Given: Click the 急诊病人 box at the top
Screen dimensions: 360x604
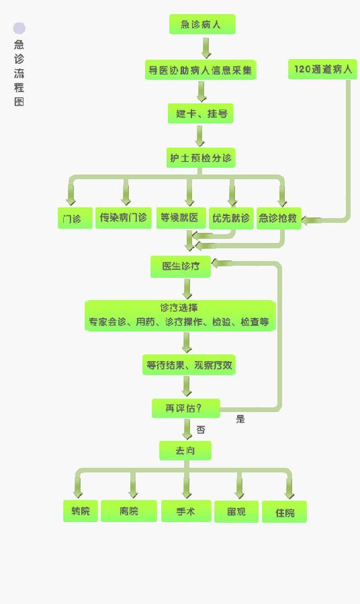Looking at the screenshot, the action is pyautogui.click(x=202, y=24).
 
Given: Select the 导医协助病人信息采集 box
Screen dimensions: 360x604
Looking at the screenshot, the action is pyautogui.click(x=200, y=70).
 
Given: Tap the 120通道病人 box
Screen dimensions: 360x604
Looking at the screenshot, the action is pyautogui.click(x=322, y=69).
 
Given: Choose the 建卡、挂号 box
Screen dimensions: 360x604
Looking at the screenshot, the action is pyautogui.click(x=200, y=113).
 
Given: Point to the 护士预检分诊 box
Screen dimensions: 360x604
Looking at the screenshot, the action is pyautogui.click(x=201, y=158).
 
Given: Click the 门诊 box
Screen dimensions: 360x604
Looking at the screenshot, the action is pyautogui.click(x=75, y=218).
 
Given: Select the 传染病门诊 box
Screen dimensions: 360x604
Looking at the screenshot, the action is pyautogui.click(x=124, y=218).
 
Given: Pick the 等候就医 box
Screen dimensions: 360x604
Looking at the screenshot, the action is pyautogui.click(x=181, y=218).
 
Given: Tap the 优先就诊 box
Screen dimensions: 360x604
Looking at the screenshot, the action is pyautogui.click(x=231, y=218).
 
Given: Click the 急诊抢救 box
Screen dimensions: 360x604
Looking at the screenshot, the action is pyautogui.click(x=279, y=218).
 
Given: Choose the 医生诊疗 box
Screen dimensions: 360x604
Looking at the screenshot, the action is pyautogui.click(x=181, y=266).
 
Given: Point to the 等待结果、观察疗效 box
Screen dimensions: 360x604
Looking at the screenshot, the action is pyautogui.click(x=189, y=365).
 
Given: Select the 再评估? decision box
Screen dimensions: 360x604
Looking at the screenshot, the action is pyautogui.click(x=186, y=408).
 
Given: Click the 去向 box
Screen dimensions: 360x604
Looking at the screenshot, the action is pyautogui.click(x=185, y=450).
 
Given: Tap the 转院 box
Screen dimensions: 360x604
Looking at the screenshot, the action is pyautogui.click(x=81, y=511).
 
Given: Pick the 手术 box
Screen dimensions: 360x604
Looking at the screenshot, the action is pyautogui.click(x=186, y=511).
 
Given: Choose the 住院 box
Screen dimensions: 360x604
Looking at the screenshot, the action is pyautogui.click(x=285, y=512).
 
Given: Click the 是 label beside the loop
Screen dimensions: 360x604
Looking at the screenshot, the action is pyautogui.click(x=240, y=419).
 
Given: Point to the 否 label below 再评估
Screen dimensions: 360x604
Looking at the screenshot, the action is pyautogui.click(x=200, y=430).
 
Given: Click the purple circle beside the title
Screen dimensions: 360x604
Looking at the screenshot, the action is pyautogui.click(x=19, y=28).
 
